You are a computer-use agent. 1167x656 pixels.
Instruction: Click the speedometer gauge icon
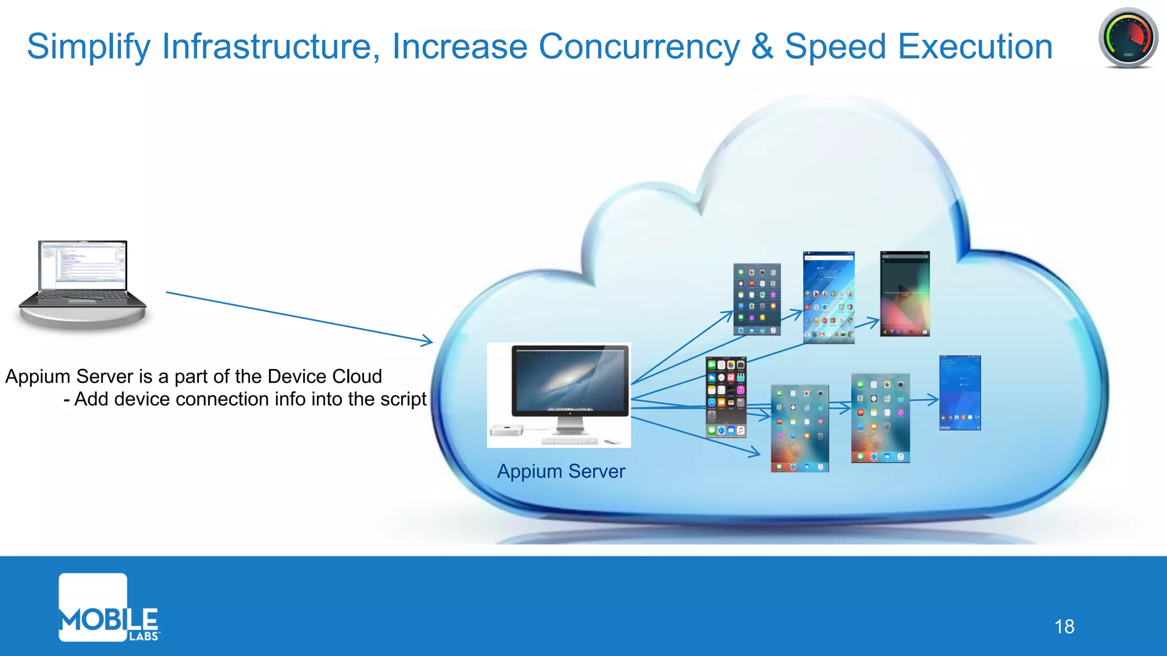click(x=1128, y=38)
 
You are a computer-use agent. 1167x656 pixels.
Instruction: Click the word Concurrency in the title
click(x=639, y=46)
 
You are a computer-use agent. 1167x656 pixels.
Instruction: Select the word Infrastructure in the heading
click(x=271, y=46)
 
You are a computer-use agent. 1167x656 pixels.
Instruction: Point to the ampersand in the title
click(x=762, y=46)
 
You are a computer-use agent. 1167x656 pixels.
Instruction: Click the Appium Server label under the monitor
click(x=561, y=471)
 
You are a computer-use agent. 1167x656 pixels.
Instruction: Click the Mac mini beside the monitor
click(x=507, y=430)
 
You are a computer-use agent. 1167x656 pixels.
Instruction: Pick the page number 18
click(x=1064, y=626)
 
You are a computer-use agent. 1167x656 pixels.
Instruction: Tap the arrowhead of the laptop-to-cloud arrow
click(x=427, y=342)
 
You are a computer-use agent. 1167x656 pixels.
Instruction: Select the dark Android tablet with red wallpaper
click(x=904, y=294)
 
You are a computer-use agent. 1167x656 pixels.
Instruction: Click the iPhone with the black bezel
click(x=725, y=397)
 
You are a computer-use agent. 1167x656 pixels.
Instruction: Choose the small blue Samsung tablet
click(x=960, y=392)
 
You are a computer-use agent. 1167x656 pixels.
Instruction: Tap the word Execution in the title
click(x=975, y=46)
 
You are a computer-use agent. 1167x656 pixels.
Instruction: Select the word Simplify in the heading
click(x=88, y=46)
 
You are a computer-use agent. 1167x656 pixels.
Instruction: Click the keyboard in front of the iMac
click(x=569, y=441)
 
